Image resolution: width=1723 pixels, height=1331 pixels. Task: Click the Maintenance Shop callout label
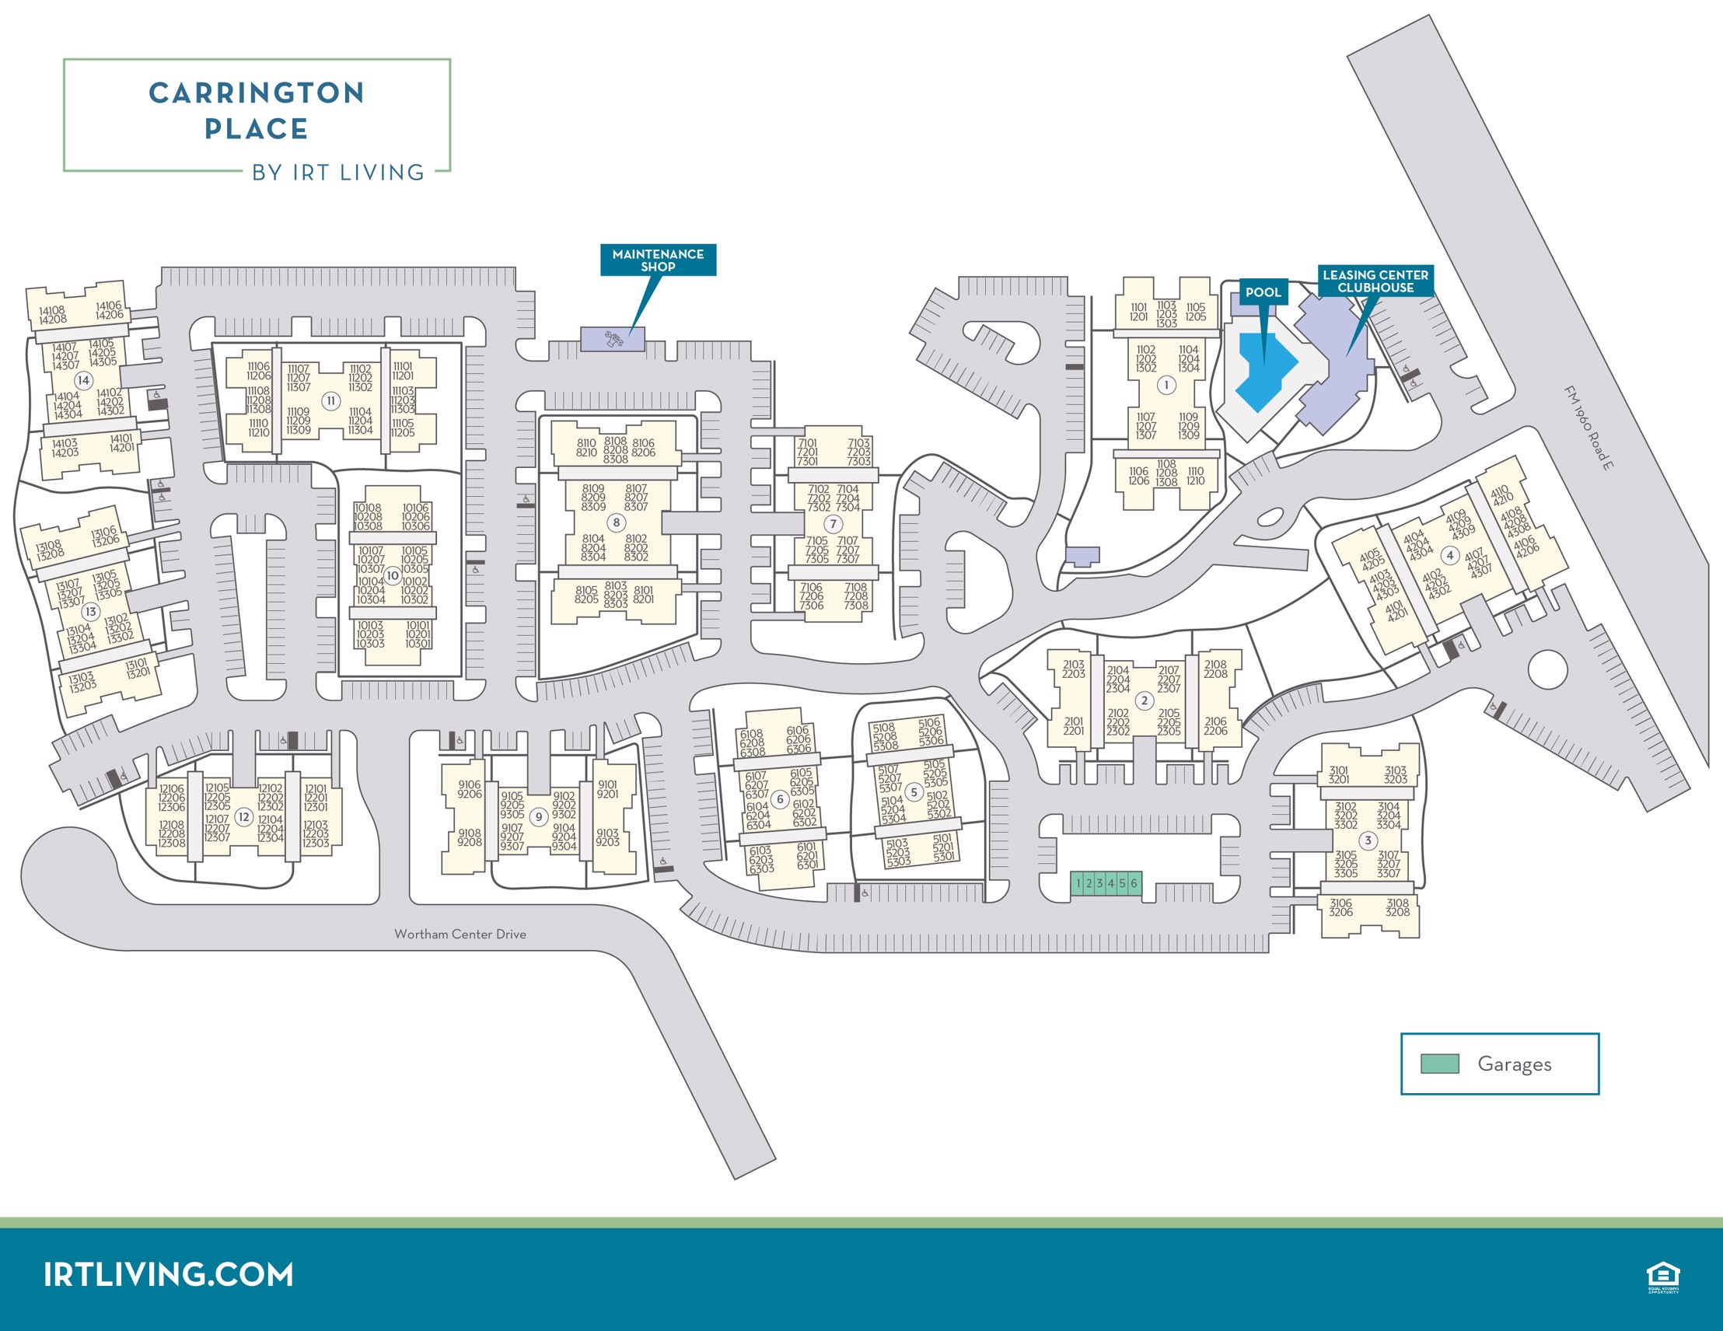pyautogui.click(x=658, y=260)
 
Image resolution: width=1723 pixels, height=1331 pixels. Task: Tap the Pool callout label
pyautogui.click(x=1263, y=292)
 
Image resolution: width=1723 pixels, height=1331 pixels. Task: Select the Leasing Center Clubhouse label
pyautogui.click(x=1375, y=281)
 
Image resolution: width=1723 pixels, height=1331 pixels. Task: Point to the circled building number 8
pyautogui.click(x=616, y=522)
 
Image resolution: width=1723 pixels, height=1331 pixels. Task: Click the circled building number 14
pyautogui.click(x=84, y=380)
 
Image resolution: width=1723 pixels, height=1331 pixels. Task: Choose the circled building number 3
pyautogui.click(x=1368, y=840)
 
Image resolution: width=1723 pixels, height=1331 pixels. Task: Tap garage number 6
pyautogui.click(x=1134, y=884)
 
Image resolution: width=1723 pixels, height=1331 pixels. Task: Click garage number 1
pyautogui.click(x=1078, y=884)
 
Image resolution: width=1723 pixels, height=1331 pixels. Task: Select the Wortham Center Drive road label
pyautogui.click(x=460, y=934)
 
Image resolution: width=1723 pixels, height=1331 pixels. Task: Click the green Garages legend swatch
pyautogui.click(x=1440, y=1064)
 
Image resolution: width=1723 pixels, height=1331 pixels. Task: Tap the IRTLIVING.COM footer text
pyautogui.click(x=168, y=1275)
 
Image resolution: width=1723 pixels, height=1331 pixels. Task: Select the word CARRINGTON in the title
pyautogui.click(x=257, y=93)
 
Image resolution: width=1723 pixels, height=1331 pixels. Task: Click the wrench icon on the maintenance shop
pyautogui.click(x=613, y=339)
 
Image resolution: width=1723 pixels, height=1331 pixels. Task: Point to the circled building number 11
pyautogui.click(x=330, y=401)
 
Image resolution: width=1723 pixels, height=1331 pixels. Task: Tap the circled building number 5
pyautogui.click(x=914, y=791)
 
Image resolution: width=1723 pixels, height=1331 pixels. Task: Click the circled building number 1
pyautogui.click(x=1166, y=385)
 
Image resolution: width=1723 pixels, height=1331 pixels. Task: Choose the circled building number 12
pyautogui.click(x=245, y=817)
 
